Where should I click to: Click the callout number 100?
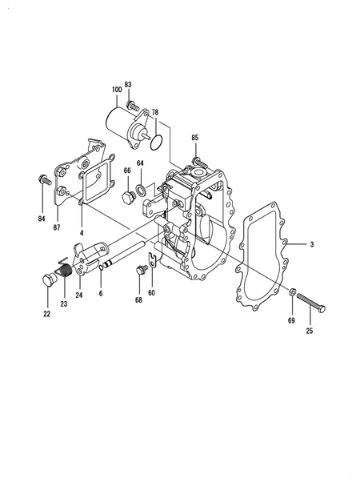(117, 88)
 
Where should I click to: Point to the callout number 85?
(195, 139)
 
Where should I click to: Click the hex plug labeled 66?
(126, 197)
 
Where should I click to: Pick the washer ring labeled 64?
(141, 190)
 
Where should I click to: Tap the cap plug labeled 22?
(49, 283)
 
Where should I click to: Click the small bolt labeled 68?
(141, 270)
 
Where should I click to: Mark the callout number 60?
(152, 293)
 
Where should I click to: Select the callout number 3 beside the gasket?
(313, 243)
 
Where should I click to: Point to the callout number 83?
(128, 85)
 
